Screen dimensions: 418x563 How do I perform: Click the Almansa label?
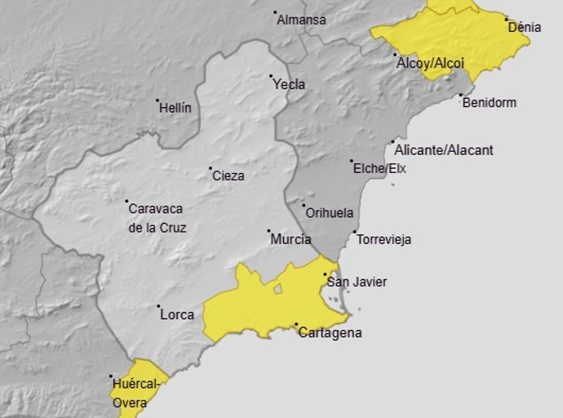pyautogui.click(x=301, y=20)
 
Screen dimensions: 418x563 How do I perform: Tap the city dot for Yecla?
pyautogui.click(x=271, y=77)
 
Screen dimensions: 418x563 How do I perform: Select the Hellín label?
pyautogui.click(x=175, y=108)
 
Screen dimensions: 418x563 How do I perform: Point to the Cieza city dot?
pyautogui.click(x=210, y=168)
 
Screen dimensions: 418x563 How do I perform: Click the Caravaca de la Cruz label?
pyautogui.click(x=157, y=218)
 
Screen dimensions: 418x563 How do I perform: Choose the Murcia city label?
pyautogui.click(x=290, y=239)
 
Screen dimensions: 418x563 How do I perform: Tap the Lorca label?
pyautogui.click(x=177, y=314)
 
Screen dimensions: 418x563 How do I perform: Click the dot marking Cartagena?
pyautogui.click(x=295, y=324)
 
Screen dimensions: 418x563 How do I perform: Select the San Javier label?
pyautogui.click(x=357, y=282)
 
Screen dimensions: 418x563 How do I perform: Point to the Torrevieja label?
pyautogui.click(x=384, y=240)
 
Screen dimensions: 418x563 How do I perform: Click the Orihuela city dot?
pyautogui.click(x=304, y=206)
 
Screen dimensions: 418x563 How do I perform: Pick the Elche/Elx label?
pyautogui.click(x=379, y=169)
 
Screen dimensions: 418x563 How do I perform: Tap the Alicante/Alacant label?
pyautogui.click(x=443, y=150)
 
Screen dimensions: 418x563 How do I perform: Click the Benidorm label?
pyautogui.click(x=489, y=103)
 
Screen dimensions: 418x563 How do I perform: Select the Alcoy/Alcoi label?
pyautogui.click(x=430, y=63)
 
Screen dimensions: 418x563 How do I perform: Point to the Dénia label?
pyautogui.click(x=524, y=27)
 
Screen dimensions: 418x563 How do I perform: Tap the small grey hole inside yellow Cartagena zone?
pyautogui.click(x=278, y=288)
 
